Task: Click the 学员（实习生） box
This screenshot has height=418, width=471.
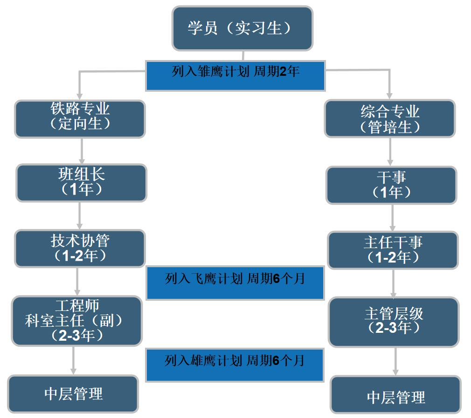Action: click(x=242, y=28)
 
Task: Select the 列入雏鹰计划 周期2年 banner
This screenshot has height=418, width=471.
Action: click(x=235, y=76)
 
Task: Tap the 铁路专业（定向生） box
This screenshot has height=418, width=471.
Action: click(x=80, y=119)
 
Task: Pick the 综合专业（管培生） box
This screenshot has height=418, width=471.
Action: click(x=390, y=119)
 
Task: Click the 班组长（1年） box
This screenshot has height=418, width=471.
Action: click(x=82, y=183)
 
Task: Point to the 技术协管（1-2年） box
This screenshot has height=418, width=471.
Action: click(x=80, y=248)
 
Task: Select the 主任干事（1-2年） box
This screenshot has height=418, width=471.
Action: click(x=393, y=250)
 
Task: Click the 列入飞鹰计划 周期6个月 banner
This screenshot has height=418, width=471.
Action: click(x=235, y=283)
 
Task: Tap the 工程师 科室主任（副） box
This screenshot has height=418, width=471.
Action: click(x=76, y=321)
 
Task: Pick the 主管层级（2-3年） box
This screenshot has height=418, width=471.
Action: click(x=394, y=323)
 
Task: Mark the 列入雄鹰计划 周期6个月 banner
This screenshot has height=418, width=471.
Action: click(x=235, y=365)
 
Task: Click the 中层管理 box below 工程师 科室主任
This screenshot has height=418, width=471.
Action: click(x=73, y=394)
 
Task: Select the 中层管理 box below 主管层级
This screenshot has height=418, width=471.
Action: click(x=395, y=395)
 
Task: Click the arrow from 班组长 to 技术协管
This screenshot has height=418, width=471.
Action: click(x=80, y=216)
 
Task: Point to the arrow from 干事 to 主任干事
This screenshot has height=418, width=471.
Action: click(x=392, y=218)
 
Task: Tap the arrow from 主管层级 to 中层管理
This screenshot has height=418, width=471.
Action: click(x=395, y=362)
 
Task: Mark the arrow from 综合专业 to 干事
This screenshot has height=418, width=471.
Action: click(x=390, y=152)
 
